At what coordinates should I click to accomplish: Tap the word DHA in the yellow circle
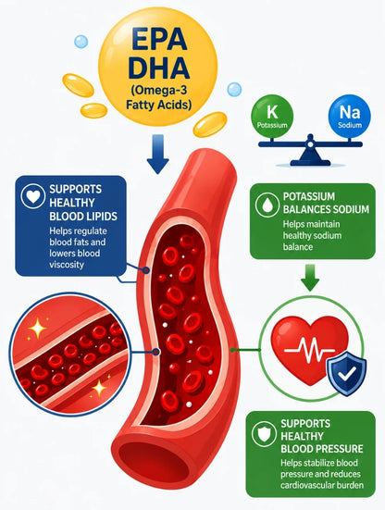159,68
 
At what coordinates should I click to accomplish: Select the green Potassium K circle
272,116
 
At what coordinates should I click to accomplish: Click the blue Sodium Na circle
350,116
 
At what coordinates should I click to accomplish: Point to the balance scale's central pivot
311,143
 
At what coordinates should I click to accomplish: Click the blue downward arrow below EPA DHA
157,154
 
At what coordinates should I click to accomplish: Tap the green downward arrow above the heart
310,277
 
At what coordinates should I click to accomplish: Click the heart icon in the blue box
32,196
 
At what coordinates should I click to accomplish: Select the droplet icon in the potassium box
267,205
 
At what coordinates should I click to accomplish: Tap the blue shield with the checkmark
347,373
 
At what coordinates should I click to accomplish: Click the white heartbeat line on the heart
309,351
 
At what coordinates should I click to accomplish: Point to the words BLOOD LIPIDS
83,217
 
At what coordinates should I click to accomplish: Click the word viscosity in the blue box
67,265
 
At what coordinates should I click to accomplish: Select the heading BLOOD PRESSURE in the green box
322,449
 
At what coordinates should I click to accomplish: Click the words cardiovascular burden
322,485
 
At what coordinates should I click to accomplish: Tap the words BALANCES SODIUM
326,209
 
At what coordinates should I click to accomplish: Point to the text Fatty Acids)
158,105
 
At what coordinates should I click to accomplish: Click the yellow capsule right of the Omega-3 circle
210,124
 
